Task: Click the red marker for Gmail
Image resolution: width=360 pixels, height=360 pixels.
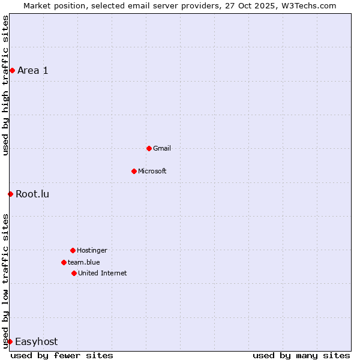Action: point(149,148)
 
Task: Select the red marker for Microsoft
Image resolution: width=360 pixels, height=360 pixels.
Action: point(134,171)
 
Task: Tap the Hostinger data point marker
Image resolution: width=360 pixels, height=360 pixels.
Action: point(73,250)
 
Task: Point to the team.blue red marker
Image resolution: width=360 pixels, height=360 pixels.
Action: point(64,262)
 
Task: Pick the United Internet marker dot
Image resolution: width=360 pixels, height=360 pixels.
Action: point(74,273)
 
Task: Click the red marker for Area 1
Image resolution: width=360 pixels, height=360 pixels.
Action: point(12,70)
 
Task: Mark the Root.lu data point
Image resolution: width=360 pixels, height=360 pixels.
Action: point(10,194)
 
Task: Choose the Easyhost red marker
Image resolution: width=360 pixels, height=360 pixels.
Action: point(10,341)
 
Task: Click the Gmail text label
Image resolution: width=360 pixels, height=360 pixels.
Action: point(162,148)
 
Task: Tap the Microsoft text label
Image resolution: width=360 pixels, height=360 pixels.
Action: point(152,171)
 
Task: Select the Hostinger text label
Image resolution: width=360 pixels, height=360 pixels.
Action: point(92,250)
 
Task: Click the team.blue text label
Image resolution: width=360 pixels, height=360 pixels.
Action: point(84,262)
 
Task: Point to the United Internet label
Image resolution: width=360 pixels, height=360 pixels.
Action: point(103,273)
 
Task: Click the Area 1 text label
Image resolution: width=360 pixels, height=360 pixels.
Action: point(33,70)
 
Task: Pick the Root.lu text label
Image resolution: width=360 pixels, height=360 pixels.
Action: point(33,194)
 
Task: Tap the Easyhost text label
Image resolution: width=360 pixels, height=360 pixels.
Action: point(37,341)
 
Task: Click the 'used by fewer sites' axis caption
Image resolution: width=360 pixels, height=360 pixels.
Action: point(62,355)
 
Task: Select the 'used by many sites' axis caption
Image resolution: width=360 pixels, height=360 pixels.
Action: point(301,355)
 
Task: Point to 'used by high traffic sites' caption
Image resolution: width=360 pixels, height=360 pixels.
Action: point(5,85)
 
